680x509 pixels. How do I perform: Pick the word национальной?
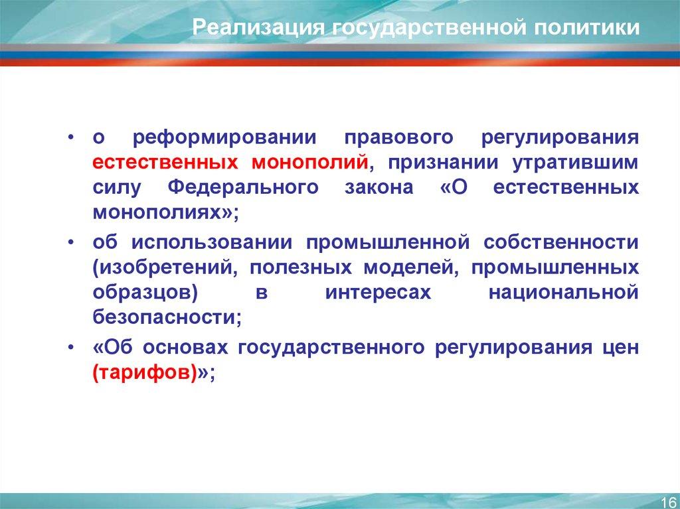[564, 293]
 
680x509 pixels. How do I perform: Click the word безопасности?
[167, 317]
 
